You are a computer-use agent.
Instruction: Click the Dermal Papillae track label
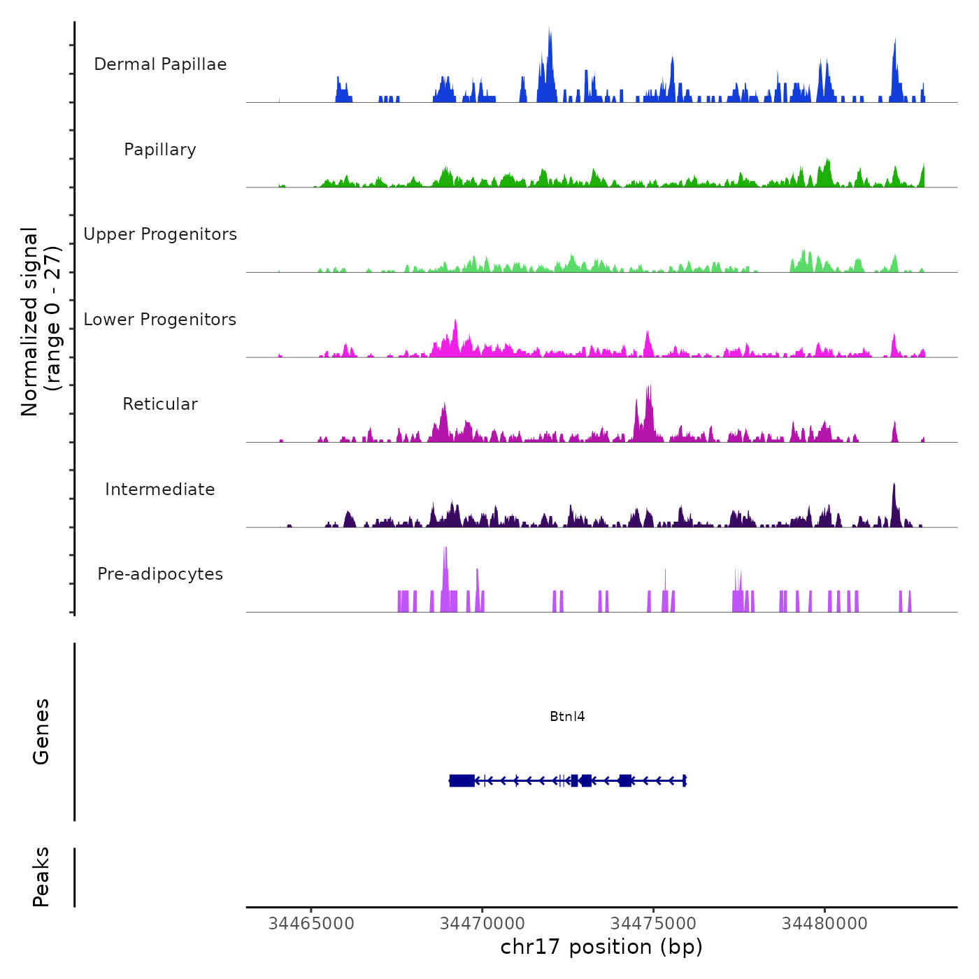coord(160,64)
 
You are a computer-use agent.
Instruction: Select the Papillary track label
coord(160,150)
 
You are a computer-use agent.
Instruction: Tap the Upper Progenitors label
coord(160,234)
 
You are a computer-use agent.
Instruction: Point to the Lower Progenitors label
coord(160,320)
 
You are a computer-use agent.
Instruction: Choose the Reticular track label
coord(160,404)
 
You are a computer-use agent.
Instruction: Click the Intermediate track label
coord(160,489)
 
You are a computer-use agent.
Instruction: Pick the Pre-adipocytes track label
coord(160,574)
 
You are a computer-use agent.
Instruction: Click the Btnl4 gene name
coord(567,716)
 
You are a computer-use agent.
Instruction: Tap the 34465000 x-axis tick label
coord(311,923)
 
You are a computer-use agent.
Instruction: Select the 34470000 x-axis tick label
coord(483,923)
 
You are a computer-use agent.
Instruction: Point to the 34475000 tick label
coord(654,923)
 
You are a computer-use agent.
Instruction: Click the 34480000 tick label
coord(824,923)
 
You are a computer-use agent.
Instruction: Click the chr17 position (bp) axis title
coord(601,947)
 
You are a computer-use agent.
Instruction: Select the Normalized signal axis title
coord(41,321)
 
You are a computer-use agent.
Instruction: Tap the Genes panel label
coord(41,731)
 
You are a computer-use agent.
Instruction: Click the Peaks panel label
coord(41,877)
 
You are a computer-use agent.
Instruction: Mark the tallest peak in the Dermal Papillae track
coord(550,29)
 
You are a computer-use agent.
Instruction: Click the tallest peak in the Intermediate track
coord(894,484)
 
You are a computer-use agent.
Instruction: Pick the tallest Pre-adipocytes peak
coord(445,549)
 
